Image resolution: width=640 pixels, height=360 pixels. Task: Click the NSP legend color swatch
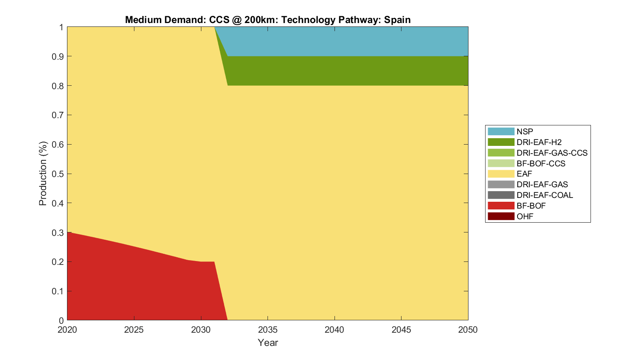(x=501, y=131)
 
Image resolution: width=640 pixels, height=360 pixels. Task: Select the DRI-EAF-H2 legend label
(x=539, y=142)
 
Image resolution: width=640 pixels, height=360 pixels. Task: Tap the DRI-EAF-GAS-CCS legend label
(x=552, y=153)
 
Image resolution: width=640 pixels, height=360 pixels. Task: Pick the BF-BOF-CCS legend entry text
(x=541, y=163)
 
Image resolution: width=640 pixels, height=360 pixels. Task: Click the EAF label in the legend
(x=524, y=174)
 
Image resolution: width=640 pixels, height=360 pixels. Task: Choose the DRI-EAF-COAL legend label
(x=544, y=195)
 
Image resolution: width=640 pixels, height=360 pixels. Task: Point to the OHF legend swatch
(x=501, y=216)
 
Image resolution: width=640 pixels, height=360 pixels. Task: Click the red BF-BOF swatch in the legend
(x=501, y=206)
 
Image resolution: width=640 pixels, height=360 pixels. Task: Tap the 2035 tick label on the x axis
(x=268, y=330)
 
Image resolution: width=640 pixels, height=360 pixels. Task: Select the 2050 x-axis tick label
(x=468, y=330)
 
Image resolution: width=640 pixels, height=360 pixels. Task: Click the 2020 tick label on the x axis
(x=67, y=330)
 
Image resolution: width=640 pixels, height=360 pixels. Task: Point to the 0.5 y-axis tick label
(x=58, y=174)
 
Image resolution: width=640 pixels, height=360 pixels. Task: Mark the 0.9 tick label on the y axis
(x=58, y=56)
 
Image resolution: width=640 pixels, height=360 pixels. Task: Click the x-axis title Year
(x=268, y=343)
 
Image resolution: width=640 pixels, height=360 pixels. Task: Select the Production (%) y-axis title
(x=43, y=174)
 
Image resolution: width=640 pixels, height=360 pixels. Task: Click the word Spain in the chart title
(x=397, y=20)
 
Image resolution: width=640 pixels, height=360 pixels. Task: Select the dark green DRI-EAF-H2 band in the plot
(x=341, y=71)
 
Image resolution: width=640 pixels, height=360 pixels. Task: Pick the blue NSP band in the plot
(x=341, y=41)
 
